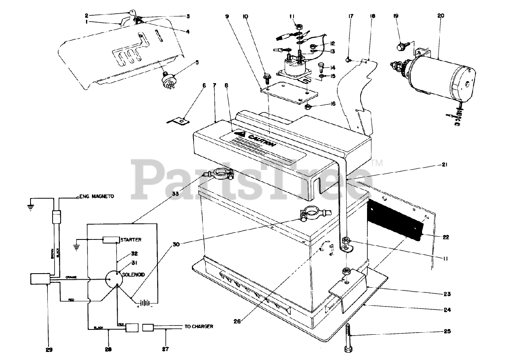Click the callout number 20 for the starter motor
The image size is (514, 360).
[441, 16]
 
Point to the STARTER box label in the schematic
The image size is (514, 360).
[131, 240]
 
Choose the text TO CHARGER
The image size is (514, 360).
[199, 326]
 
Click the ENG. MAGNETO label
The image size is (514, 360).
[97, 196]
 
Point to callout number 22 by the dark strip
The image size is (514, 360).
[445, 237]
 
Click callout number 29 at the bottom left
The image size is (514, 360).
[49, 350]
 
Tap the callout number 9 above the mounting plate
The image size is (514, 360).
[227, 16]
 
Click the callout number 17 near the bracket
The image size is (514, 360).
[351, 16]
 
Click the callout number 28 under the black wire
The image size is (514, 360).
[108, 350]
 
